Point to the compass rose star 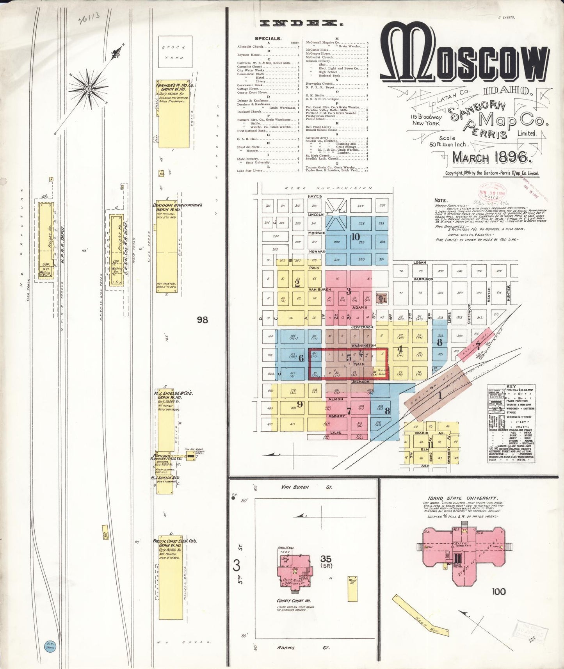point(89,89)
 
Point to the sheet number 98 point(202,320)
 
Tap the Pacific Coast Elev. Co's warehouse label point(174,541)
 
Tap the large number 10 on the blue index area point(355,236)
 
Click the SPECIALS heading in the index point(268,39)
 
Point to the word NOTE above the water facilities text point(441,201)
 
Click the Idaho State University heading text point(463,498)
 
